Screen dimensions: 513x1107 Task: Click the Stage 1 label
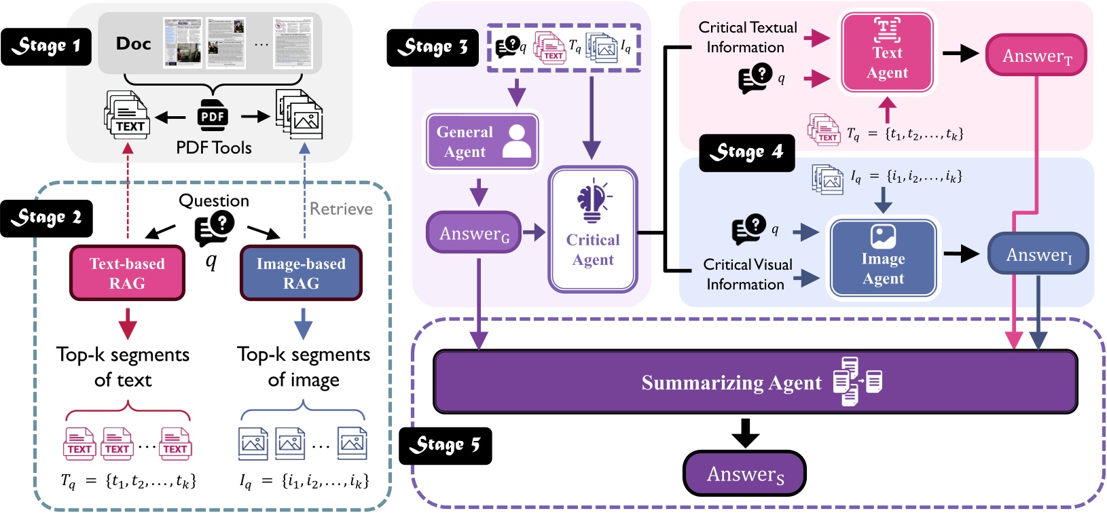click(46, 46)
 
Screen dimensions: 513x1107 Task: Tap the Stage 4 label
click(746, 152)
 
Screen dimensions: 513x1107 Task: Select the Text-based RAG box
click(127, 273)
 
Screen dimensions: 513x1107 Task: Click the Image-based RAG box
click(301, 273)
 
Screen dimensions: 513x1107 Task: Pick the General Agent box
click(482, 141)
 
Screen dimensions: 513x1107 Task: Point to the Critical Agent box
click(593, 230)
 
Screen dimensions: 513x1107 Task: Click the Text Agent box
click(887, 52)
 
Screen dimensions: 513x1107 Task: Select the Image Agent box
click(883, 258)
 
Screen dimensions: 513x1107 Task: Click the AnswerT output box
click(1036, 56)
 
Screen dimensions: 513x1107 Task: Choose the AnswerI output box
click(1038, 254)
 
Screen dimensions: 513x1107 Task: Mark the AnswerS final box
click(744, 474)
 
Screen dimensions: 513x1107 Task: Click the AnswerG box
click(473, 233)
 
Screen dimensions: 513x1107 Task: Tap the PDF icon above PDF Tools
click(213, 116)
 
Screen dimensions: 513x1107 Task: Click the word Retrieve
click(341, 209)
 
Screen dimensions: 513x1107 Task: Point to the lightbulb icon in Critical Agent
click(593, 200)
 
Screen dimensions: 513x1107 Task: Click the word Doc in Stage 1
click(133, 43)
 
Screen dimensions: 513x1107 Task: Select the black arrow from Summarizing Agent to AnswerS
click(745, 432)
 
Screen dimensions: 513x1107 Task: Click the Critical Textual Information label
click(747, 37)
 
